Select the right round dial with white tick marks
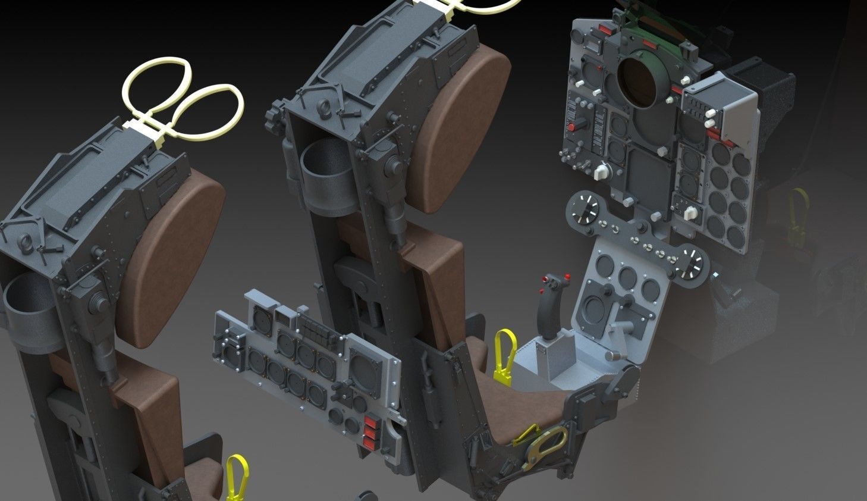point(690,264)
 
